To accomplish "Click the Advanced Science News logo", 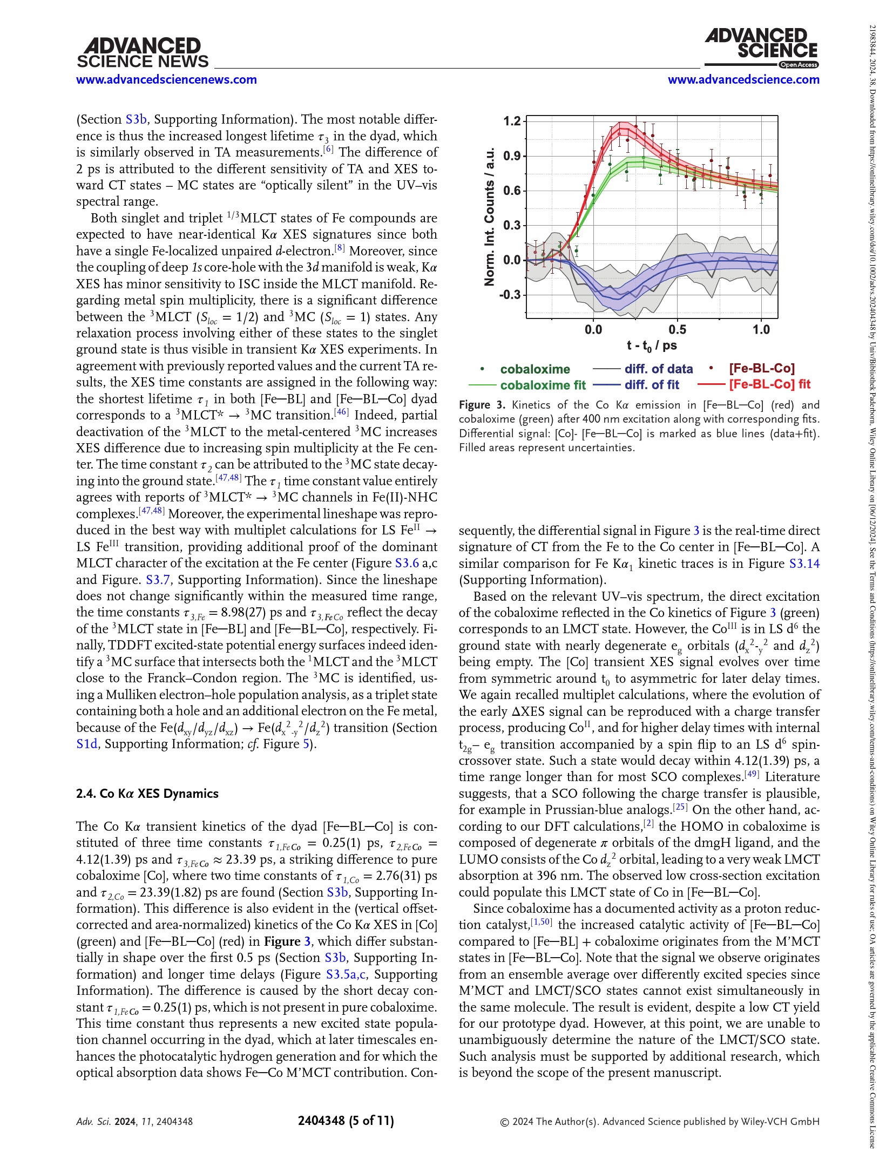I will click(143, 53).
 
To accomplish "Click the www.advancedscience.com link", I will click(743, 80).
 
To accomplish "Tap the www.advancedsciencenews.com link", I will click(166, 80).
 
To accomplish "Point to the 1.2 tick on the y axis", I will click(512, 121).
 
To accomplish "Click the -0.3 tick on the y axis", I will click(510, 295).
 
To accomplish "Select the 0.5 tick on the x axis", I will click(677, 329).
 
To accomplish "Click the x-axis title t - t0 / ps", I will click(652, 345).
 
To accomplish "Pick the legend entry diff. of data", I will click(658, 369).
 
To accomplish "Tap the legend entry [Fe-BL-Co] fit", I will click(769, 384).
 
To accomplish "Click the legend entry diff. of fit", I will click(652, 385).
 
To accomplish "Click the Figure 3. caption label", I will click(482, 405).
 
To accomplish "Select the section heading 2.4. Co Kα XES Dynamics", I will click(147, 794).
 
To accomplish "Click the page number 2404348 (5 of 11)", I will click(346, 1121).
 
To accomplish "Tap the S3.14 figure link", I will click(804, 564).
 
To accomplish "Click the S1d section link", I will click(86, 744).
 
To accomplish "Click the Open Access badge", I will click(798, 65).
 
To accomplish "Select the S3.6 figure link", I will click(407, 563).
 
